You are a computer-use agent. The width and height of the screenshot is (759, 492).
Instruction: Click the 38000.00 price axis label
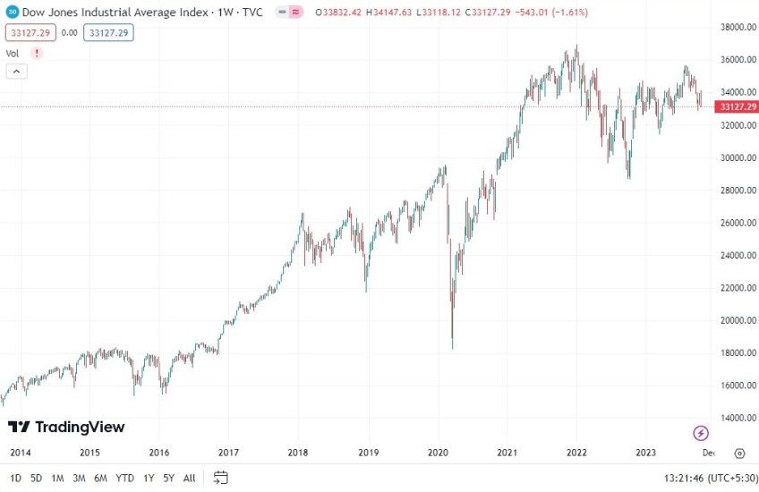(x=728, y=28)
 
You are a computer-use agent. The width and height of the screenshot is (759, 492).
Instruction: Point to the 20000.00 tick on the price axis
(x=728, y=320)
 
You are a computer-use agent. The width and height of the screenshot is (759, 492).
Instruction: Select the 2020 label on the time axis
(x=439, y=453)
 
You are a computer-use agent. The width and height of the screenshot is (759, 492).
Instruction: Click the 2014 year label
(x=20, y=453)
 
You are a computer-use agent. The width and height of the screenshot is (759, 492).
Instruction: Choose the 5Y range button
(x=168, y=478)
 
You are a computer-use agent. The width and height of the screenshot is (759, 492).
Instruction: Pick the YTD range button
(x=124, y=478)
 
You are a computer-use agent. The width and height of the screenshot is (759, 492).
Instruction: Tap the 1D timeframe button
(x=14, y=478)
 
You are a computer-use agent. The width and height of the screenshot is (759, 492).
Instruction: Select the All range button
(x=189, y=478)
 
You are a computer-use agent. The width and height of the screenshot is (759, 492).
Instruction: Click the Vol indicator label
(x=13, y=53)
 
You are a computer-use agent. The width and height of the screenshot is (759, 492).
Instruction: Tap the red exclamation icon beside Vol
(x=37, y=53)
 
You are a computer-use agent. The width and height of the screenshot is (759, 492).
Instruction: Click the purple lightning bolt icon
(x=701, y=434)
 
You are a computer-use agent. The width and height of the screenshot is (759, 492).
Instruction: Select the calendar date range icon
(x=221, y=478)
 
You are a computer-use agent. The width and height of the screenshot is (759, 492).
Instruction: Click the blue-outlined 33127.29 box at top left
(x=109, y=32)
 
